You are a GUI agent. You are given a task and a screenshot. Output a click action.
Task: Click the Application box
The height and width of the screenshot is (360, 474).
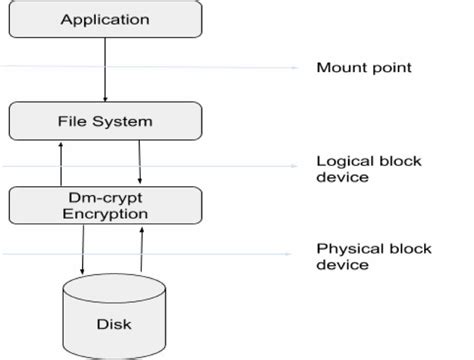click(105, 19)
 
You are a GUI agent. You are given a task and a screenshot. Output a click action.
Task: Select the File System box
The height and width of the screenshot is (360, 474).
click(105, 122)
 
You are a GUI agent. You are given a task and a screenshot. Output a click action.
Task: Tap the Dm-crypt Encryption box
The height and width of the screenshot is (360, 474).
click(105, 205)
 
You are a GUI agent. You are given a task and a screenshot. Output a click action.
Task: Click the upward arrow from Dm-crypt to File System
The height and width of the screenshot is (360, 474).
click(61, 163)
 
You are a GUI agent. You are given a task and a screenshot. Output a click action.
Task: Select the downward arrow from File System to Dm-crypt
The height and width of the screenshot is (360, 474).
click(139, 163)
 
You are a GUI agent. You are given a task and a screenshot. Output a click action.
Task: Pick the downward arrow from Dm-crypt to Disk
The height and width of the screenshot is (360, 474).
click(82, 250)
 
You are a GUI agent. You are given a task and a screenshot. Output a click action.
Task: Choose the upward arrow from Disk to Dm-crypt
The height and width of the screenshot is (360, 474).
click(141, 250)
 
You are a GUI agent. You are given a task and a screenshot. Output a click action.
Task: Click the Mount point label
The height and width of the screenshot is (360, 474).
click(363, 68)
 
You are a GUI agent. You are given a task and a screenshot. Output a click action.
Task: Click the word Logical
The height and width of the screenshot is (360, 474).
click(340, 159)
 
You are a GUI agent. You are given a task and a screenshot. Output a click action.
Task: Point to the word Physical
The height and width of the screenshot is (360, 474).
click(344, 247)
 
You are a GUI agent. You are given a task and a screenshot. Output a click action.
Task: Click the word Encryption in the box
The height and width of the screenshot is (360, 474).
click(105, 214)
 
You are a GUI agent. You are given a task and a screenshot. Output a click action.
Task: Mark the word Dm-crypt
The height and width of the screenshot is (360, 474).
click(105, 197)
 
